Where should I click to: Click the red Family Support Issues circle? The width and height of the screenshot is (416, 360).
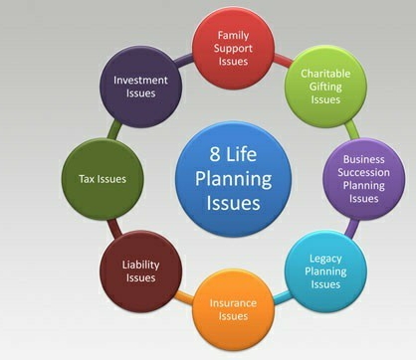click(x=234, y=49)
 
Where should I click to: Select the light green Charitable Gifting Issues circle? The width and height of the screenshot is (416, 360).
click(x=325, y=87)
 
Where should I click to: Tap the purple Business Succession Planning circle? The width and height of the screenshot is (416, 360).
click(x=364, y=179)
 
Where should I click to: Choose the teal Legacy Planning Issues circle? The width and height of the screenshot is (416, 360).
click(x=325, y=271)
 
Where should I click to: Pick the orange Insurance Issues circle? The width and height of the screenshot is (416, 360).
click(x=234, y=309)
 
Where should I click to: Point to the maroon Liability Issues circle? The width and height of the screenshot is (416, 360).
click(x=141, y=271)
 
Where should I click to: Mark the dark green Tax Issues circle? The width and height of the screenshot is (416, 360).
click(x=103, y=179)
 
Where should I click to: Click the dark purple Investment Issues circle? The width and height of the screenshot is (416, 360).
click(x=141, y=87)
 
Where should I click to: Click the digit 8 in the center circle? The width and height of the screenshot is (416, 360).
click(x=215, y=154)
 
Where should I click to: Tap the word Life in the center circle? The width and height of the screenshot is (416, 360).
click(x=241, y=154)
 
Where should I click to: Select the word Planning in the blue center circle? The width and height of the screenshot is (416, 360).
click(x=233, y=179)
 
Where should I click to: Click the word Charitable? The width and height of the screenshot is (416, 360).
click(x=325, y=74)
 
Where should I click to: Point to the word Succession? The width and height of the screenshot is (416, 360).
click(x=364, y=172)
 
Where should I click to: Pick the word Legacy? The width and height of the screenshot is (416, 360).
click(x=325, y=259)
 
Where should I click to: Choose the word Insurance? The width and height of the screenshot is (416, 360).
click(x=233, y=303)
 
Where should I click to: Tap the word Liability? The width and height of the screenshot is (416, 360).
click(x=140, y=265)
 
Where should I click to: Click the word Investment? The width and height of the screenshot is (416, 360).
click(x=140, y=81)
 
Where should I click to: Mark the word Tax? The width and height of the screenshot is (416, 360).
click(x=86, y=179)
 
